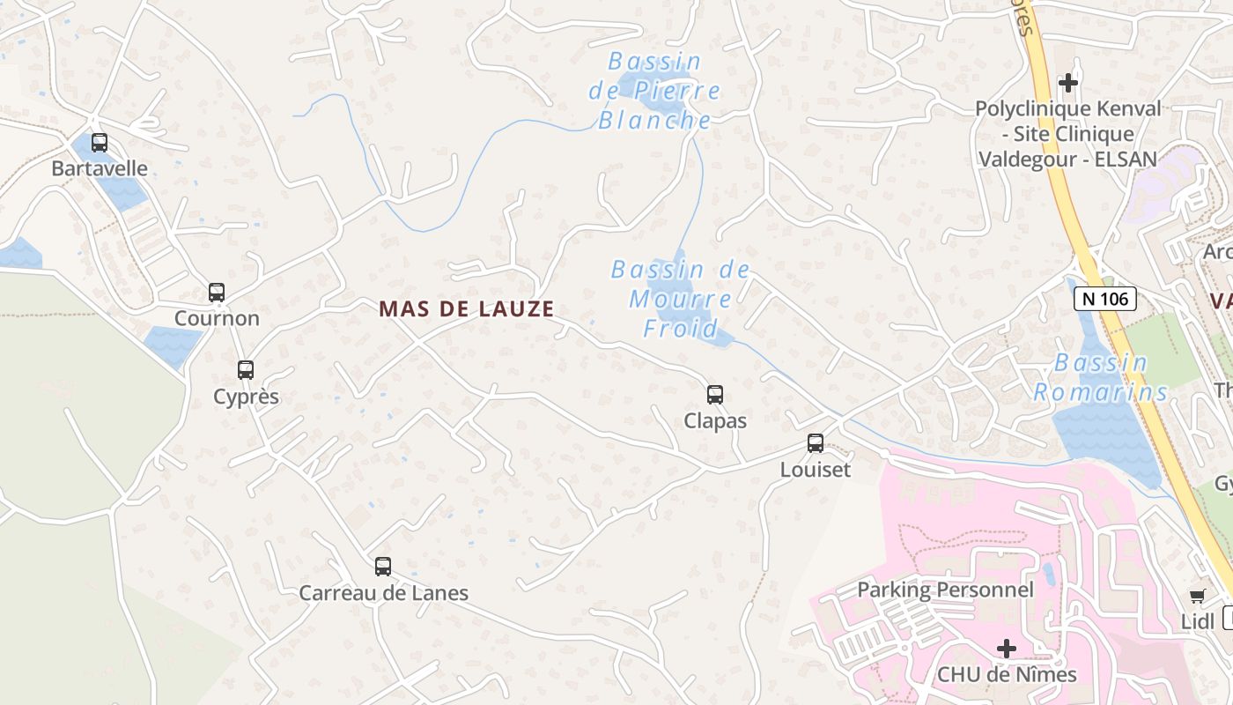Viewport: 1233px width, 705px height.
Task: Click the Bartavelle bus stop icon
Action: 100,142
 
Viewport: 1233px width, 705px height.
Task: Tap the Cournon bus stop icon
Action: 217,292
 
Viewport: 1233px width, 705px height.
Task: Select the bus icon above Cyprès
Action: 246,370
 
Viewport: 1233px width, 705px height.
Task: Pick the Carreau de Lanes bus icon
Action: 383,567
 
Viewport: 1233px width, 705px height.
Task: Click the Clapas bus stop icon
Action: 715,394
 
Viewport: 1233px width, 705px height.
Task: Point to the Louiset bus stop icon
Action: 816,442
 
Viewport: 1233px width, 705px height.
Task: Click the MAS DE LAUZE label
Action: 467,309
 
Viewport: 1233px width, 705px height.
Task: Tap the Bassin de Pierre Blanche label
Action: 654,91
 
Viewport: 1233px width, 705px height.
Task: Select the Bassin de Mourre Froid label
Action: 680,300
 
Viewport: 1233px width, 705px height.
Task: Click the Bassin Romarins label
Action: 1101,377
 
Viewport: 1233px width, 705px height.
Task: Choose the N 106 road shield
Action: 1105,299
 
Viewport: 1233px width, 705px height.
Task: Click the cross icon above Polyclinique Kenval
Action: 1068,83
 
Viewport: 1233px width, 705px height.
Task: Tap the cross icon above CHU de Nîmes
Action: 1006,649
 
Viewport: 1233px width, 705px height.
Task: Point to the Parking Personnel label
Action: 945,590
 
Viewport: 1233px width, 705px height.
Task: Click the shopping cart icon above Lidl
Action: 1197,597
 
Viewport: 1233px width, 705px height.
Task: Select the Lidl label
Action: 1198,621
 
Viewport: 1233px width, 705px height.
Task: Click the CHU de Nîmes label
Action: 1007,675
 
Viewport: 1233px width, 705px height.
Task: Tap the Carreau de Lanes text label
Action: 383,593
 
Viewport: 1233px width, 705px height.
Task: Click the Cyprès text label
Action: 246,397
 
